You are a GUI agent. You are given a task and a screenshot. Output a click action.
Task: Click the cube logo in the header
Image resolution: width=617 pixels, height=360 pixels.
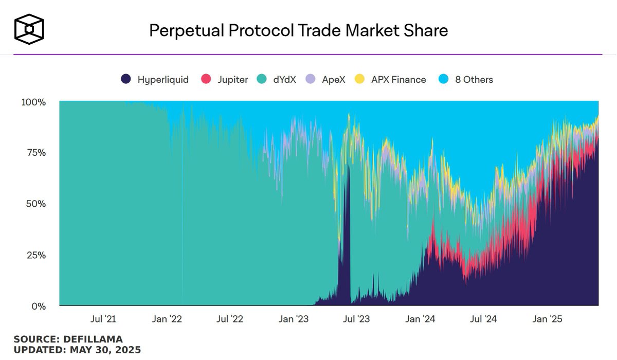coord(29,29)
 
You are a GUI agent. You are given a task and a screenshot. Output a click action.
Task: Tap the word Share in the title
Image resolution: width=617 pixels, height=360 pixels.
coord(425,30)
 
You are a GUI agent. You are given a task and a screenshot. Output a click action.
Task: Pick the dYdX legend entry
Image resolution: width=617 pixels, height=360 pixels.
coord(277,80)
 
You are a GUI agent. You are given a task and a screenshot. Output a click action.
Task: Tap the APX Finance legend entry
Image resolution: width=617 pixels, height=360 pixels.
coord(391,80)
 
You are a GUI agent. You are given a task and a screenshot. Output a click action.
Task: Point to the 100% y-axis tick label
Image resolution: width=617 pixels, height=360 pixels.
coord(34,102)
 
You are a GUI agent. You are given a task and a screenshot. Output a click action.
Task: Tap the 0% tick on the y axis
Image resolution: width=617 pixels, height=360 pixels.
coord(39,307)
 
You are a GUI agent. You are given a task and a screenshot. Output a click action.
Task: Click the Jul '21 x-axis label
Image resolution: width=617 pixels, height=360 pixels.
coord(103,319)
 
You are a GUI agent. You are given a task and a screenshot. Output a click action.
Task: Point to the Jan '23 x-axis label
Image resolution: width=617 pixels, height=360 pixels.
coord(294,319)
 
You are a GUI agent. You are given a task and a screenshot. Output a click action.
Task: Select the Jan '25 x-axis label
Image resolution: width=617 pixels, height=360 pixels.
coord(548,319)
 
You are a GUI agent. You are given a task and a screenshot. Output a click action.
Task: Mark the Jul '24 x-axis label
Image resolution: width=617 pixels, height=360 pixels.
coord(484,319)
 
